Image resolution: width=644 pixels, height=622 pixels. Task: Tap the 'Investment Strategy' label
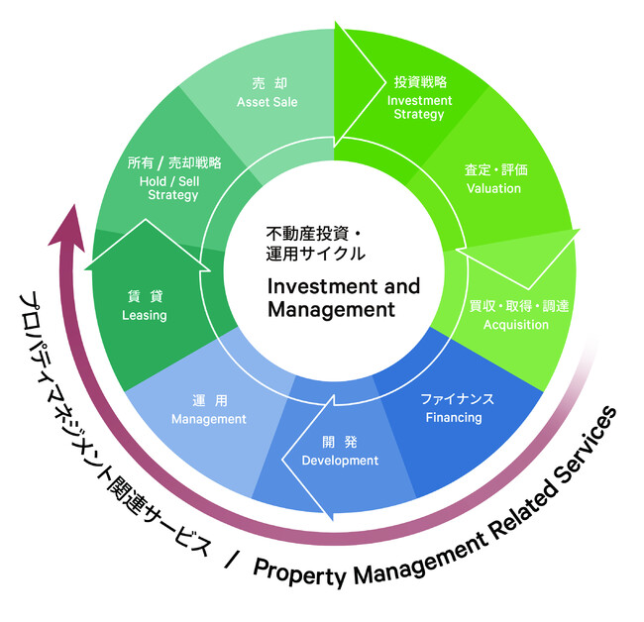coord(419,107)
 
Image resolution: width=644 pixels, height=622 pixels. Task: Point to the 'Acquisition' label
coord(515,325)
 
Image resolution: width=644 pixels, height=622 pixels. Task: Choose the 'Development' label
coord(340,461)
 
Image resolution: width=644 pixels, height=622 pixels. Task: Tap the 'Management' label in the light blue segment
coord(208,419)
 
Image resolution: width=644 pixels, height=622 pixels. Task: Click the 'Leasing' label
coord(144,315)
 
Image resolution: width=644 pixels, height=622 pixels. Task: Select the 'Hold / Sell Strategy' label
coord(174,187)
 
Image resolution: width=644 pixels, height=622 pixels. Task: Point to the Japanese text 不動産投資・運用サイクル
coord(316,243)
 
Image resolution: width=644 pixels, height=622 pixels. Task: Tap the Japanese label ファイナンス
coord(457,398)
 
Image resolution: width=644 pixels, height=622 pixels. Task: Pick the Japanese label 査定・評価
coord(495,169)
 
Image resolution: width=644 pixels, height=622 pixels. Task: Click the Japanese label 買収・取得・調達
coord(518,306)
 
